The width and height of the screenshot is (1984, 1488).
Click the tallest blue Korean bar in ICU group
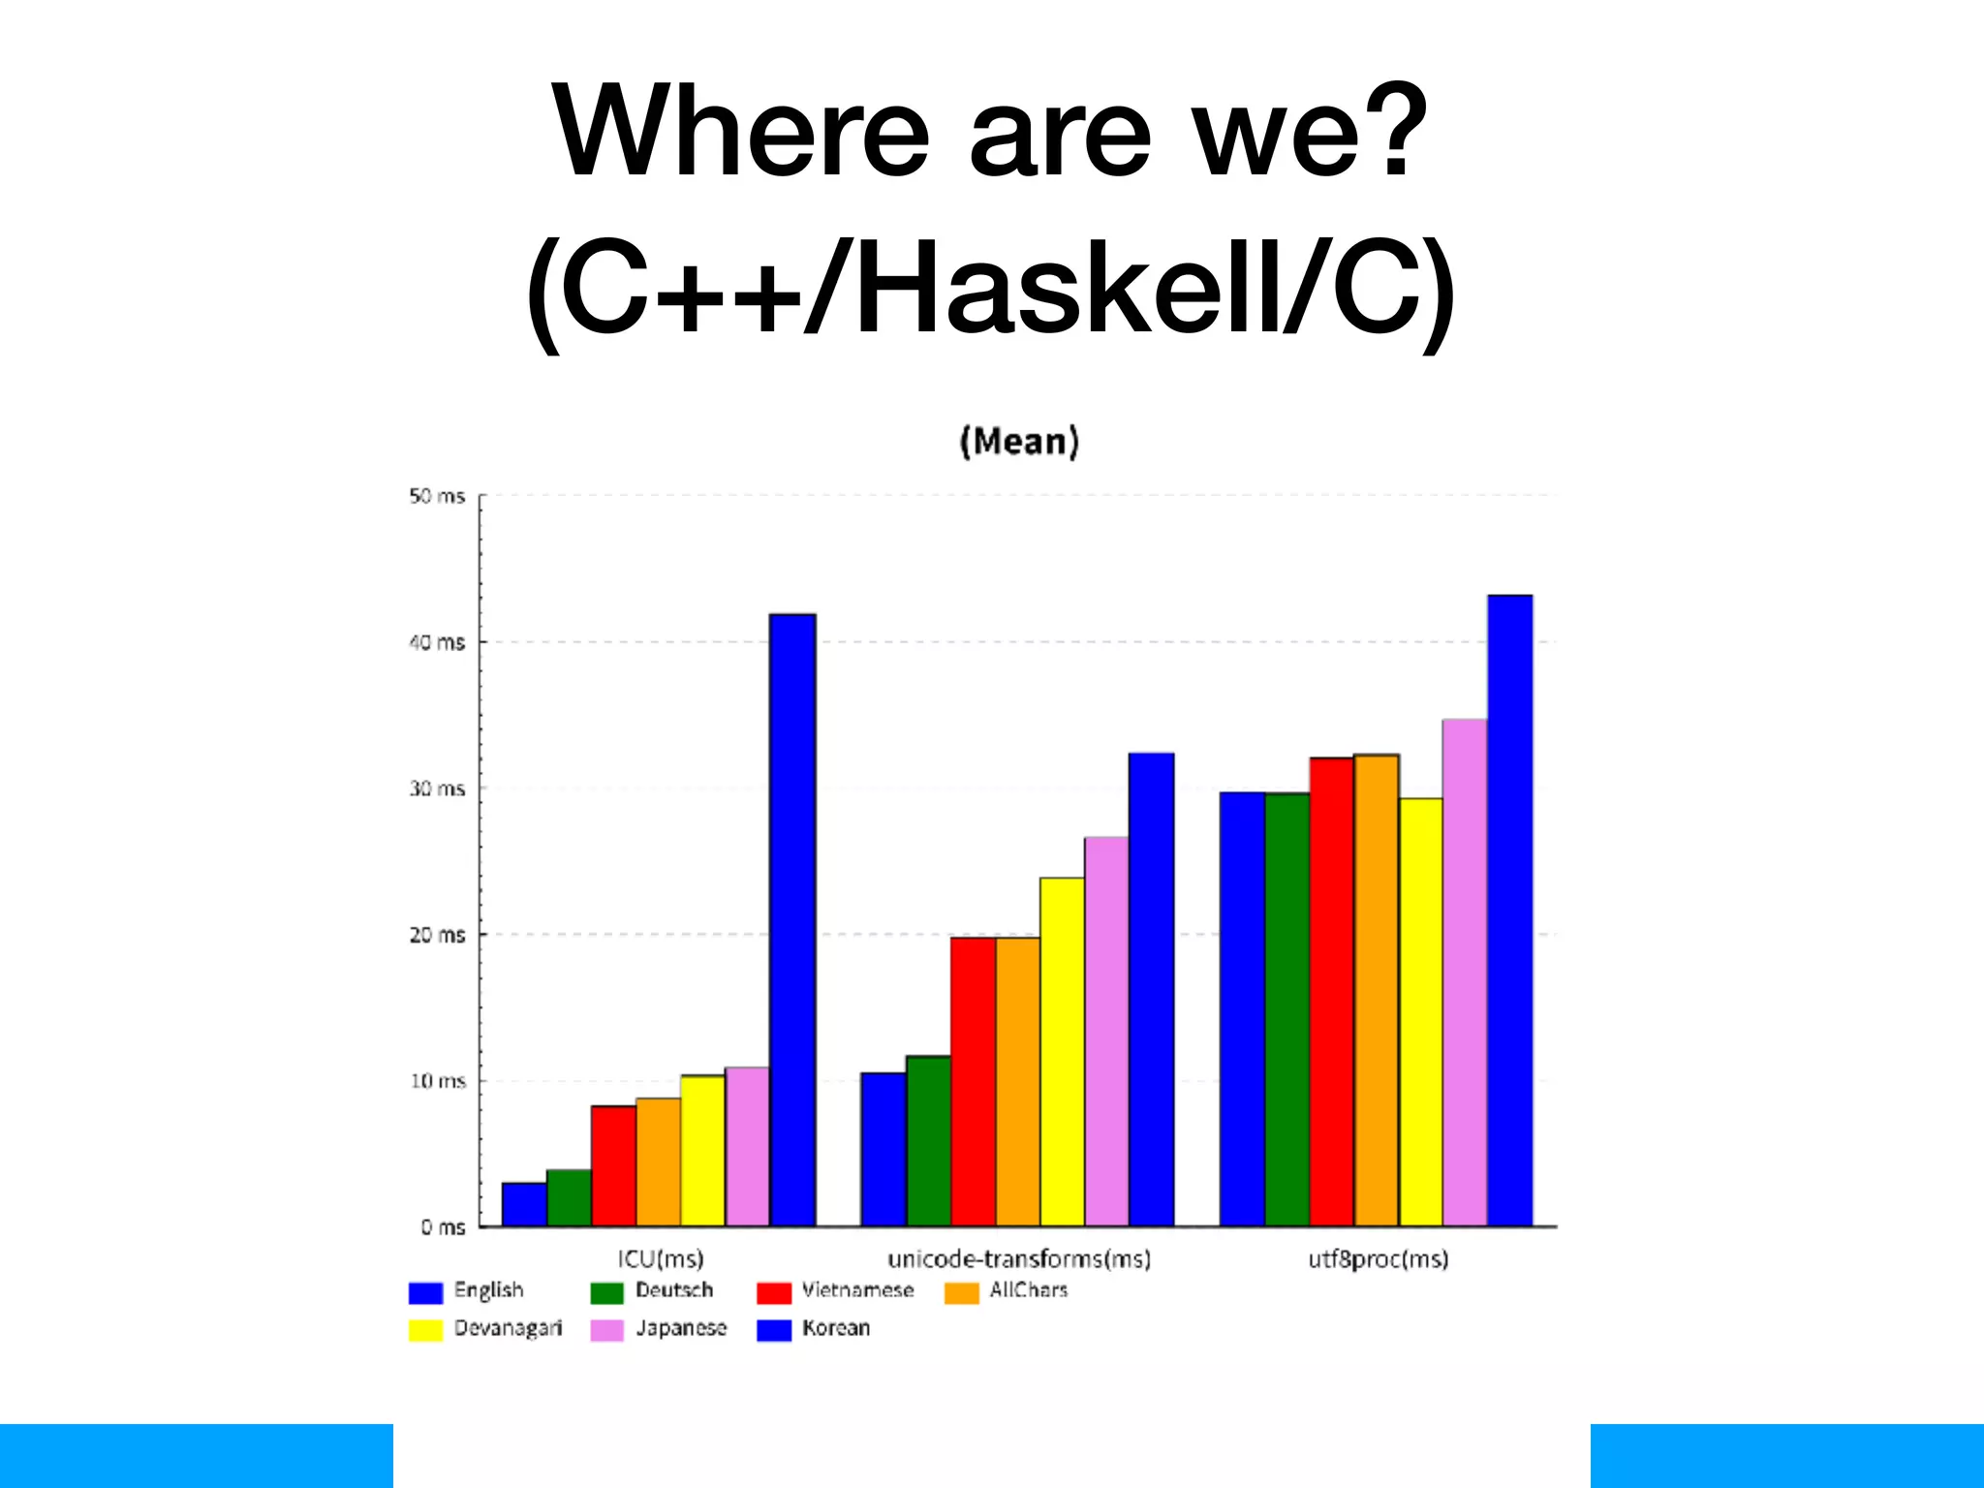pos(792,920)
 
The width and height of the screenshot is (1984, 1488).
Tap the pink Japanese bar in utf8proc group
pos(1465,973)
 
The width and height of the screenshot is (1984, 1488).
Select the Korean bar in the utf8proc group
pos(1510,911)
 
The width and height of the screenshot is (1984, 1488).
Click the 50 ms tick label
pos(437,497)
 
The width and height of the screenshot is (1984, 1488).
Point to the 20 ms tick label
pos(437,936)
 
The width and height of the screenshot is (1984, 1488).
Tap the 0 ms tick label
pos(443,1227)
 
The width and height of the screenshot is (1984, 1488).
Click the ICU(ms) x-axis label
pos(661,1259)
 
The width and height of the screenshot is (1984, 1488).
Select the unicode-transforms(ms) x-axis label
pos(1019,1259)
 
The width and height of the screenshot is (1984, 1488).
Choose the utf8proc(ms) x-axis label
pos(1378,1259)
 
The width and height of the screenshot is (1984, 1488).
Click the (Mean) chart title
pos(1019,442)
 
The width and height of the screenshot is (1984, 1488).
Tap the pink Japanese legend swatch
pos(607,1330)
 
